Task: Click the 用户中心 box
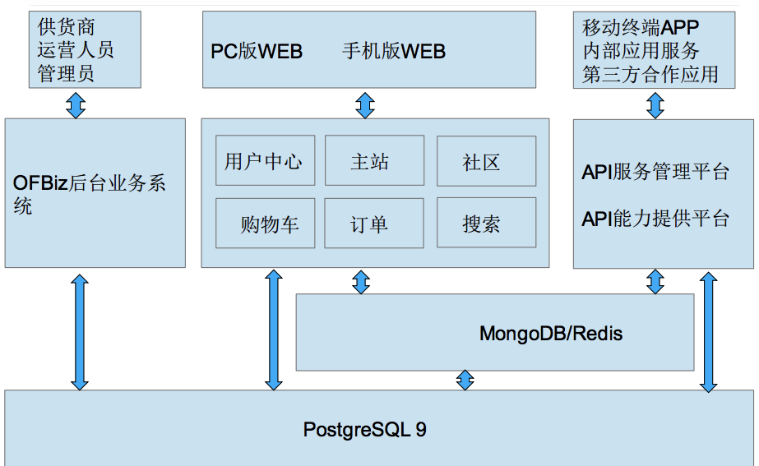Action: click(265, 160)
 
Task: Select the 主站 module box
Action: click(374, 160)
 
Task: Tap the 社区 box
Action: click(486, 160)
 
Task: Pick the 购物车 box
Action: click(265, 223)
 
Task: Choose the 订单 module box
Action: click(374, 223)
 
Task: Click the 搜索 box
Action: click(486, 223)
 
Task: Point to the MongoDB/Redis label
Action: click(551, 334)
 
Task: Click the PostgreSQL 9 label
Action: click(364, 429)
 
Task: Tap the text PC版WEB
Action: click(257, 52)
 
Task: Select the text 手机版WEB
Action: click(394, 52)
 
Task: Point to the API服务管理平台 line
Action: click(655, 173)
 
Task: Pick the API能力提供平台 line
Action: click(655, 219)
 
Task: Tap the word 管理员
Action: click(66, 74)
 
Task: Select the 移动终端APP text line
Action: click(640, 26)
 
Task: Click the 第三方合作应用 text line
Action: click(650, 75)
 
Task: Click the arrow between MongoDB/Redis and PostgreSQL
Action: click(465, 380)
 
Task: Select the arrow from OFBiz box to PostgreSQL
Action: click(80, 331)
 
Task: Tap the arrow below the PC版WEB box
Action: click(365, 104)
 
